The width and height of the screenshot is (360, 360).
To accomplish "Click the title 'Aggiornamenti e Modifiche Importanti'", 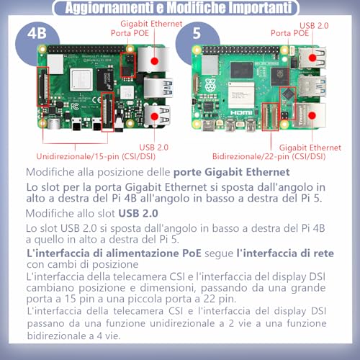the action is (179, 7).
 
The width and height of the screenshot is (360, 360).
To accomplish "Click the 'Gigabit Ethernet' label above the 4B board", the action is (151, 24).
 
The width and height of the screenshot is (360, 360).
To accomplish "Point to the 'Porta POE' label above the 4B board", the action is (130, 33).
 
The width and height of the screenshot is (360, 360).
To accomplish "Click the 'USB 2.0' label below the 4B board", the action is (154, 148).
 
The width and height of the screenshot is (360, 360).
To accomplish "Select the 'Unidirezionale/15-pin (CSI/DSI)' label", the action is (96, 157).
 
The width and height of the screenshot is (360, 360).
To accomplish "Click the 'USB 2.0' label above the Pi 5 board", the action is (314, 26).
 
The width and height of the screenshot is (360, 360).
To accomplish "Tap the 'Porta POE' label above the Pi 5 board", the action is (289, 33).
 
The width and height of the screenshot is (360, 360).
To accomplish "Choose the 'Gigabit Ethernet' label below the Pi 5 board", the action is (310, 148).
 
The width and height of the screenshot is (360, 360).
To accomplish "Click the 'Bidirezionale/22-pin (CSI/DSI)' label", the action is (269, 157).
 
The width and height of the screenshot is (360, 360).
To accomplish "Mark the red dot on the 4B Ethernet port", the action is (155, 61).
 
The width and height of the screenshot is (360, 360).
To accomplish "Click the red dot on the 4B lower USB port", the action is (154, 117).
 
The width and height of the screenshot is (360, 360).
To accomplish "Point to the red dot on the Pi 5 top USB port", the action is (312, 58).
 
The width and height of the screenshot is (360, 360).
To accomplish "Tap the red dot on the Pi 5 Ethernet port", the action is (312, 115).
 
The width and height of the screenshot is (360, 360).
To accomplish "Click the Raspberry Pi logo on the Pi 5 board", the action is (210, 84).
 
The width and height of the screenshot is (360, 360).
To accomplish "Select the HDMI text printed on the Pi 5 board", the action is (241, 113).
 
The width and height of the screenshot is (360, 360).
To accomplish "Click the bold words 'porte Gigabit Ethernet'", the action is (232, 172).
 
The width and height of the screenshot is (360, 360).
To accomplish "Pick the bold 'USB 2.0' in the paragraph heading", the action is (138, 213).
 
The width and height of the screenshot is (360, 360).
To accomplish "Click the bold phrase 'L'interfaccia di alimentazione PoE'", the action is (114, 253).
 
